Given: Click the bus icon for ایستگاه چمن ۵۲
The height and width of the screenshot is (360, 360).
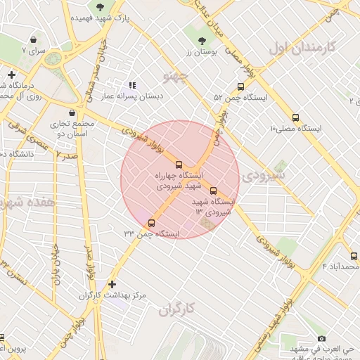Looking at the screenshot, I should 241,87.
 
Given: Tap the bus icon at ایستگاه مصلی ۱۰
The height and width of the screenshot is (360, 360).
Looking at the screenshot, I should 295,117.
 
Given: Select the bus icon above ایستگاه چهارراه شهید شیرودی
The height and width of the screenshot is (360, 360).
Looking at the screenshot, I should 178,163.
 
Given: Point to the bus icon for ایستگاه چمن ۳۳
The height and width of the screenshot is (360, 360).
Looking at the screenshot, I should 151,223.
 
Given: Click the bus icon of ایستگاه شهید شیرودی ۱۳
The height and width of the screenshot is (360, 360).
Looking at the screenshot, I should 213,191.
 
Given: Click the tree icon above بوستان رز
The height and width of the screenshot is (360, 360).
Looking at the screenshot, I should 202,40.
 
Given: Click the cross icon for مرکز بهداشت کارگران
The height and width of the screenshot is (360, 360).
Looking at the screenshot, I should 112,284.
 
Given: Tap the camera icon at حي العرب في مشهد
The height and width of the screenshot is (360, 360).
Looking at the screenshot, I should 322,337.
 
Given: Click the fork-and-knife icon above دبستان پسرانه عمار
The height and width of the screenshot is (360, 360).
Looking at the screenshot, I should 133,85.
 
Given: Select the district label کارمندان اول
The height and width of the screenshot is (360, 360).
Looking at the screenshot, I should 304,48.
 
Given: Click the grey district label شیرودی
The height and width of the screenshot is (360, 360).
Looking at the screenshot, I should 264,174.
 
